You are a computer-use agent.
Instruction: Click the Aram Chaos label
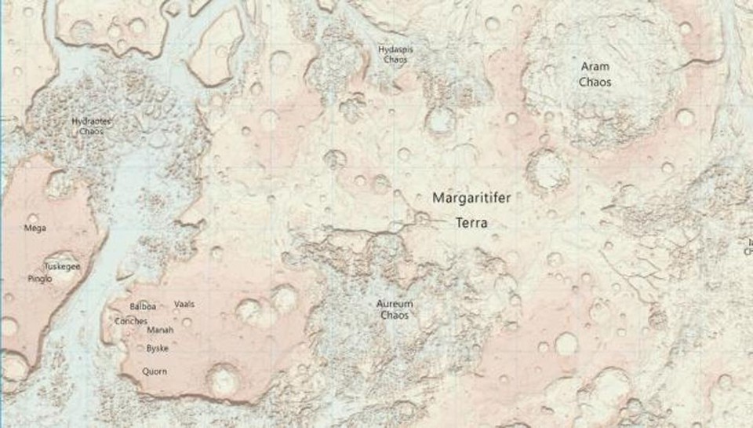(x=595, y=75)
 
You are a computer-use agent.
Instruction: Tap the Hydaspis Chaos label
(x=395, y=53)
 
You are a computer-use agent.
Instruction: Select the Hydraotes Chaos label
(x=91, y=126)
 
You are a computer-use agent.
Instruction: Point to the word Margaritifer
(x=471, y=199)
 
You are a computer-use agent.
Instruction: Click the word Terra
(x=471, y=223)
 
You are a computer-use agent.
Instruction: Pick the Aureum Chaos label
(x=395, y=309)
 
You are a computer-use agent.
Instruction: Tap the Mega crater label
(x=35, y=229)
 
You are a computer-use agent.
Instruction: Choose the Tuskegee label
(x=63, y=266)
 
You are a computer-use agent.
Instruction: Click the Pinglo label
(x=40, y=279)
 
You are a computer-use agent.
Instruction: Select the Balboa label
(x=143, y=306)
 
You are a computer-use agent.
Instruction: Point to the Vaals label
(x=184, y=304)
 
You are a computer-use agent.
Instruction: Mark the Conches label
(x=131, y=320)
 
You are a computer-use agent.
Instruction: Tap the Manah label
(x=160, y=330)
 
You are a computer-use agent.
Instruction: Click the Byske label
(x=158, y=347)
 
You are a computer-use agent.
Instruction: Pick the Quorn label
(x=154, y=371)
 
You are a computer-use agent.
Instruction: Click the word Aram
(x=595, y=68)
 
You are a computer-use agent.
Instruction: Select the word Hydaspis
(x=395, y=49)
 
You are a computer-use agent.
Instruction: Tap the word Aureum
(x=395, y=304)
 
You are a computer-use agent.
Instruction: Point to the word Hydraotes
(x=91, y=122)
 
